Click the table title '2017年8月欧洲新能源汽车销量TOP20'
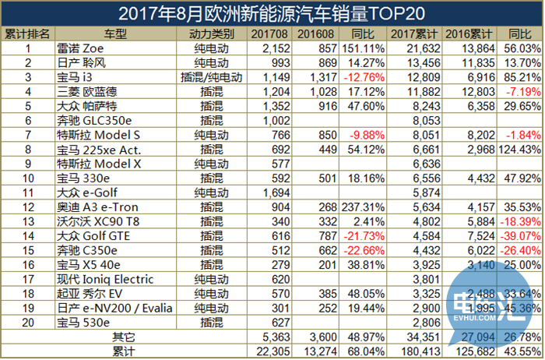point(272,13)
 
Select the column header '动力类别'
point(212,34)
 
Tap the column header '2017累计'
point(413,34)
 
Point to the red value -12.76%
point(364,77)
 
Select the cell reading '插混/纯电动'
point(212,77)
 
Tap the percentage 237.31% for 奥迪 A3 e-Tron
point(363,206)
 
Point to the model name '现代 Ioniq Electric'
point(105,278)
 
